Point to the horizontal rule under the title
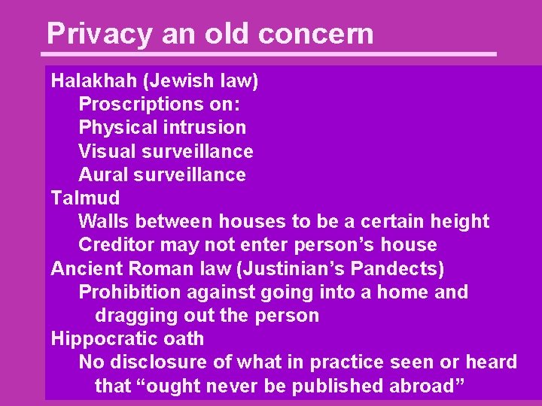point(271,54)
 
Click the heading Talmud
point(85,198)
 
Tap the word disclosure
point(157,362)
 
